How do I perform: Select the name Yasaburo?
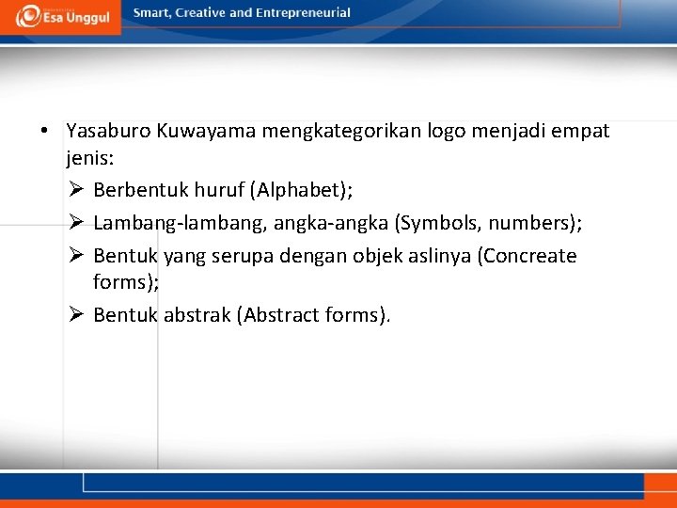(x=104, y=131)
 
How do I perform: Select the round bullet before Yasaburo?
(x=45, y=131)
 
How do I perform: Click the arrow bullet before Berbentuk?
(x=76, y=191)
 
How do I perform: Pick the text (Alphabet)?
(x=301, y=191)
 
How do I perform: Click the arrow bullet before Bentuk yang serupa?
(x=76, y=256)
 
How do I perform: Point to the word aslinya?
(x=440, y=256)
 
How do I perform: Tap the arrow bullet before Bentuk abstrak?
(x=76, y=315)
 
